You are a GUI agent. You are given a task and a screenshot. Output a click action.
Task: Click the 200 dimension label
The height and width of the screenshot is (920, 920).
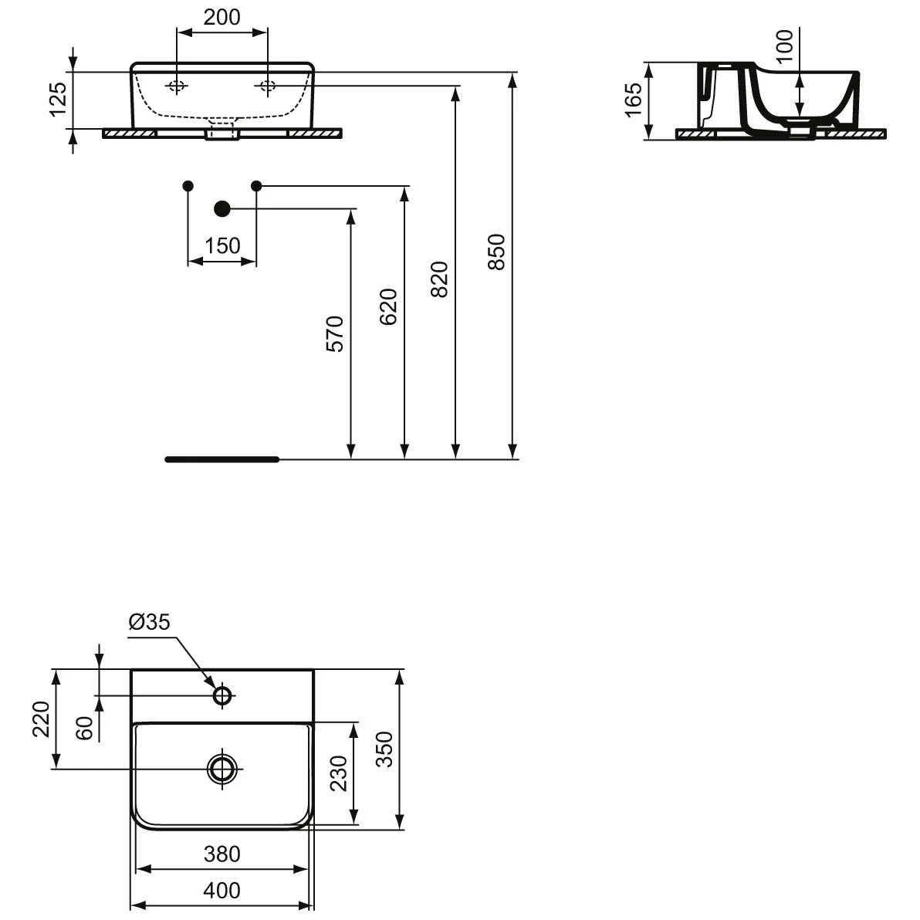(223, 17)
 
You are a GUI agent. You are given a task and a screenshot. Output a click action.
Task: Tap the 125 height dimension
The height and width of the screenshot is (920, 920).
(59, 99)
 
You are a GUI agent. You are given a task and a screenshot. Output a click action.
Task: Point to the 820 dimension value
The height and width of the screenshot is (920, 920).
(439, 279)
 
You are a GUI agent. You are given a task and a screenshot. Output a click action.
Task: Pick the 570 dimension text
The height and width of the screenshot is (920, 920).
(335, 333)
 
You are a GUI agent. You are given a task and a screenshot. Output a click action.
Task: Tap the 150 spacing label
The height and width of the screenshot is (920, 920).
(223, 245)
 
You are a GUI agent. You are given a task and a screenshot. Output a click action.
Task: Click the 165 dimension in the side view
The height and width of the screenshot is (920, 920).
(633, 100)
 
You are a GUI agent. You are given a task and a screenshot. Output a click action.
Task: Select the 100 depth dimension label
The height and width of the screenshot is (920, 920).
(783, 46)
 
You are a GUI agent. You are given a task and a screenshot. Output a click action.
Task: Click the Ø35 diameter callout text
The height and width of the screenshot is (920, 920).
(149, 622)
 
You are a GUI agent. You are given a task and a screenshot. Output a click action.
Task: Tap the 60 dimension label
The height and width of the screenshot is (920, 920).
(85, 727)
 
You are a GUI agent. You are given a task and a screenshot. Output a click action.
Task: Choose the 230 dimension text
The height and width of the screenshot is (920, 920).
(339, 773)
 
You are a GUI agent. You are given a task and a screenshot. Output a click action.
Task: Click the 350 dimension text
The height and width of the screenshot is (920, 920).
(384, 749)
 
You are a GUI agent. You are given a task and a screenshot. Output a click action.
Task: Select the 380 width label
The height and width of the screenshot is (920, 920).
(222, 854)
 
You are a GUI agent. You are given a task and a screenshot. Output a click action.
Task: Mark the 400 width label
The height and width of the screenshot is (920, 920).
(222, 891)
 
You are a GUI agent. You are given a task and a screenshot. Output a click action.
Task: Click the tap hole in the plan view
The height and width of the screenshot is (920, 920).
(223, 695)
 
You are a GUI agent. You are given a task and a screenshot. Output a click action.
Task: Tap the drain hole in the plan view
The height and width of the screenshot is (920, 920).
(223, 768)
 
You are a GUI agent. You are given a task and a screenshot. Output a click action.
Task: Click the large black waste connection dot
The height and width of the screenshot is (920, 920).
(222, 208)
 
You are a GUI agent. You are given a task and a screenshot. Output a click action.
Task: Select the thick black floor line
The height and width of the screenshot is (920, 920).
(222, 459)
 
